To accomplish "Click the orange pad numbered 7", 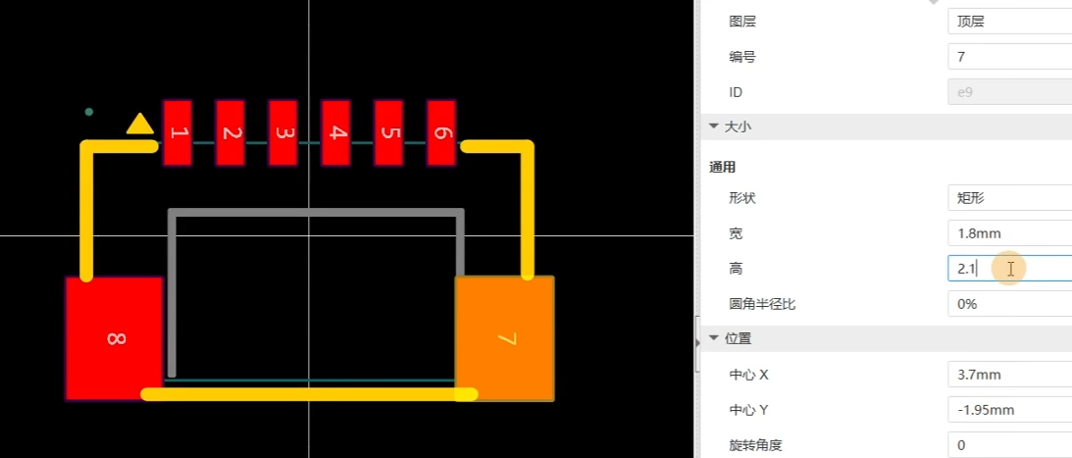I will pos(505,338).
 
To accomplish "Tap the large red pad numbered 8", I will pos(113,338).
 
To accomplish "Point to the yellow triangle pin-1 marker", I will pos(140,124).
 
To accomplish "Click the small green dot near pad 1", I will pos(89,112).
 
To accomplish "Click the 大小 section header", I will pos(739,127).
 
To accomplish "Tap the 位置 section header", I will pos(739,339).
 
